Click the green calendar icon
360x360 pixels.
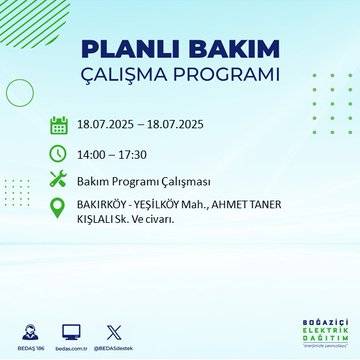coord(58,125)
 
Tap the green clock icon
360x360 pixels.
coord(58,153)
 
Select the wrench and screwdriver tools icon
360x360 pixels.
coord(58,181)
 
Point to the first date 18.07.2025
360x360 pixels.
coord(107,125)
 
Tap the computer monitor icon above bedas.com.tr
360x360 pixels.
coord(71,330)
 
